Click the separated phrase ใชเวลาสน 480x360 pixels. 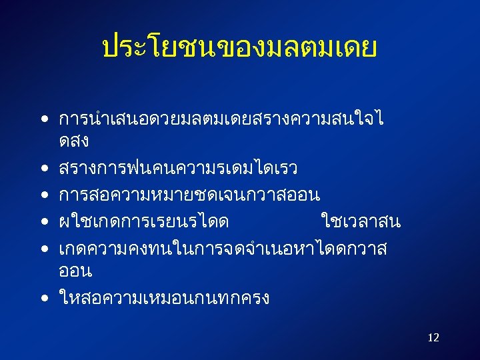pos(361,221)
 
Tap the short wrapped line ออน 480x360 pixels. pos(75,271)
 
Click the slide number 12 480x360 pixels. pos(433,338)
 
